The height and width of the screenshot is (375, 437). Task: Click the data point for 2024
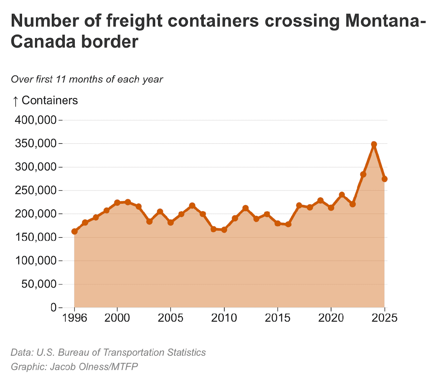pyautogui.click(x=374, y=144)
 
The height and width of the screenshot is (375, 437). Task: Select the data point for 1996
pyautogui.click(x=74, y=231)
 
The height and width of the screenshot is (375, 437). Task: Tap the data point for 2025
pyautogui.click(x=384, y=179)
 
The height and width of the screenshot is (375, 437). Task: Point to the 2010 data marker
pyautogui.click(x=224, y=230)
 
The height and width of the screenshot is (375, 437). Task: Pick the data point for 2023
pyautogui.click(x=363, y=174)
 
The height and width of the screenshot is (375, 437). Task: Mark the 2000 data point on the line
pyautogui.click(x=117, y=202)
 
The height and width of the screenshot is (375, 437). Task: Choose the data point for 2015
pyautogui.click(x=278, y=223)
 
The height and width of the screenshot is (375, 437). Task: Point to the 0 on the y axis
pyautogui.click(x=53, y=308)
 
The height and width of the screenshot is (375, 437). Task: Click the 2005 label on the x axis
pyautogui.click(x=170, y=318)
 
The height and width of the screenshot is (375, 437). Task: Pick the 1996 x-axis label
pyautogui.click(x=74, y=318)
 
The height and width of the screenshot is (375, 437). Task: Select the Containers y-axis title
pyautogui.click(x=50, y=100)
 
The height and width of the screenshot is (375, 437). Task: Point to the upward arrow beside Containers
pyautogui.click(x=15, y=100)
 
